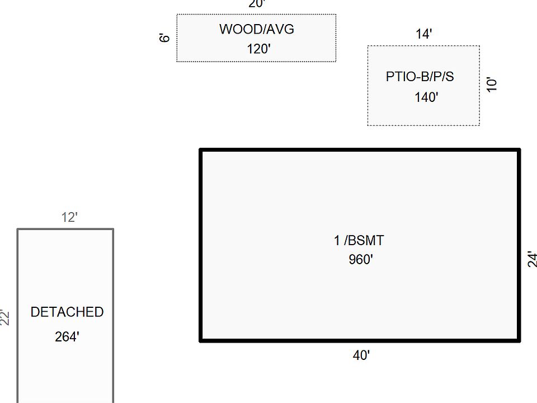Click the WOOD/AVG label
(256, 29)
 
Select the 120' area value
(258, 49)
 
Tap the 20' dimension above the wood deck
(257, 4)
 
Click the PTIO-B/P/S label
(420, 77)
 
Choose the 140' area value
(426, 97)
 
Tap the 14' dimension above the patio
(423, 34)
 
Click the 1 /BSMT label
(359, 241)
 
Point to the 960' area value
(360, 260)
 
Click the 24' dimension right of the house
(532, 259)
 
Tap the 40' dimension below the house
(361, 355)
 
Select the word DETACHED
(67, 312)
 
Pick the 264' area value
(67, 337)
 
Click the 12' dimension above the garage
(69, 218)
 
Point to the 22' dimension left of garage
(6, 317)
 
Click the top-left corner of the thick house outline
(201, 150)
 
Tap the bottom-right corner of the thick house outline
(519, 339)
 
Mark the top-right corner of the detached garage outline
(113, 229)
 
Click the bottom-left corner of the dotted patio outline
(368, 125)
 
